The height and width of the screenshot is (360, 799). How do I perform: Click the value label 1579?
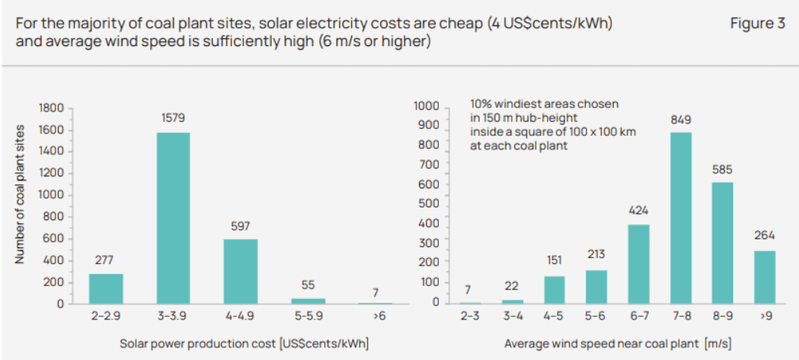pyautogui.click(x=173, y=118)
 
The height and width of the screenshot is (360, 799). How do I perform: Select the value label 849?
pyautogui.click(x=680, y=119)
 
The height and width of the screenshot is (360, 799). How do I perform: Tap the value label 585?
pyautogui.click(x=723, y=169)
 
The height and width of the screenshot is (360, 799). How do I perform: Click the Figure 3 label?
pyautogui.click(x=757, y=24)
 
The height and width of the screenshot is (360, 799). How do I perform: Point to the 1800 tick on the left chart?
pyautogui.click(x=50, y=108)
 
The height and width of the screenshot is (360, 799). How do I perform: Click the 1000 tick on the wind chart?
pyautogui.click(x=426, y=106)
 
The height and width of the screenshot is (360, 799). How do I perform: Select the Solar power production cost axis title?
pyautogui.click(x=244, y=344)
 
